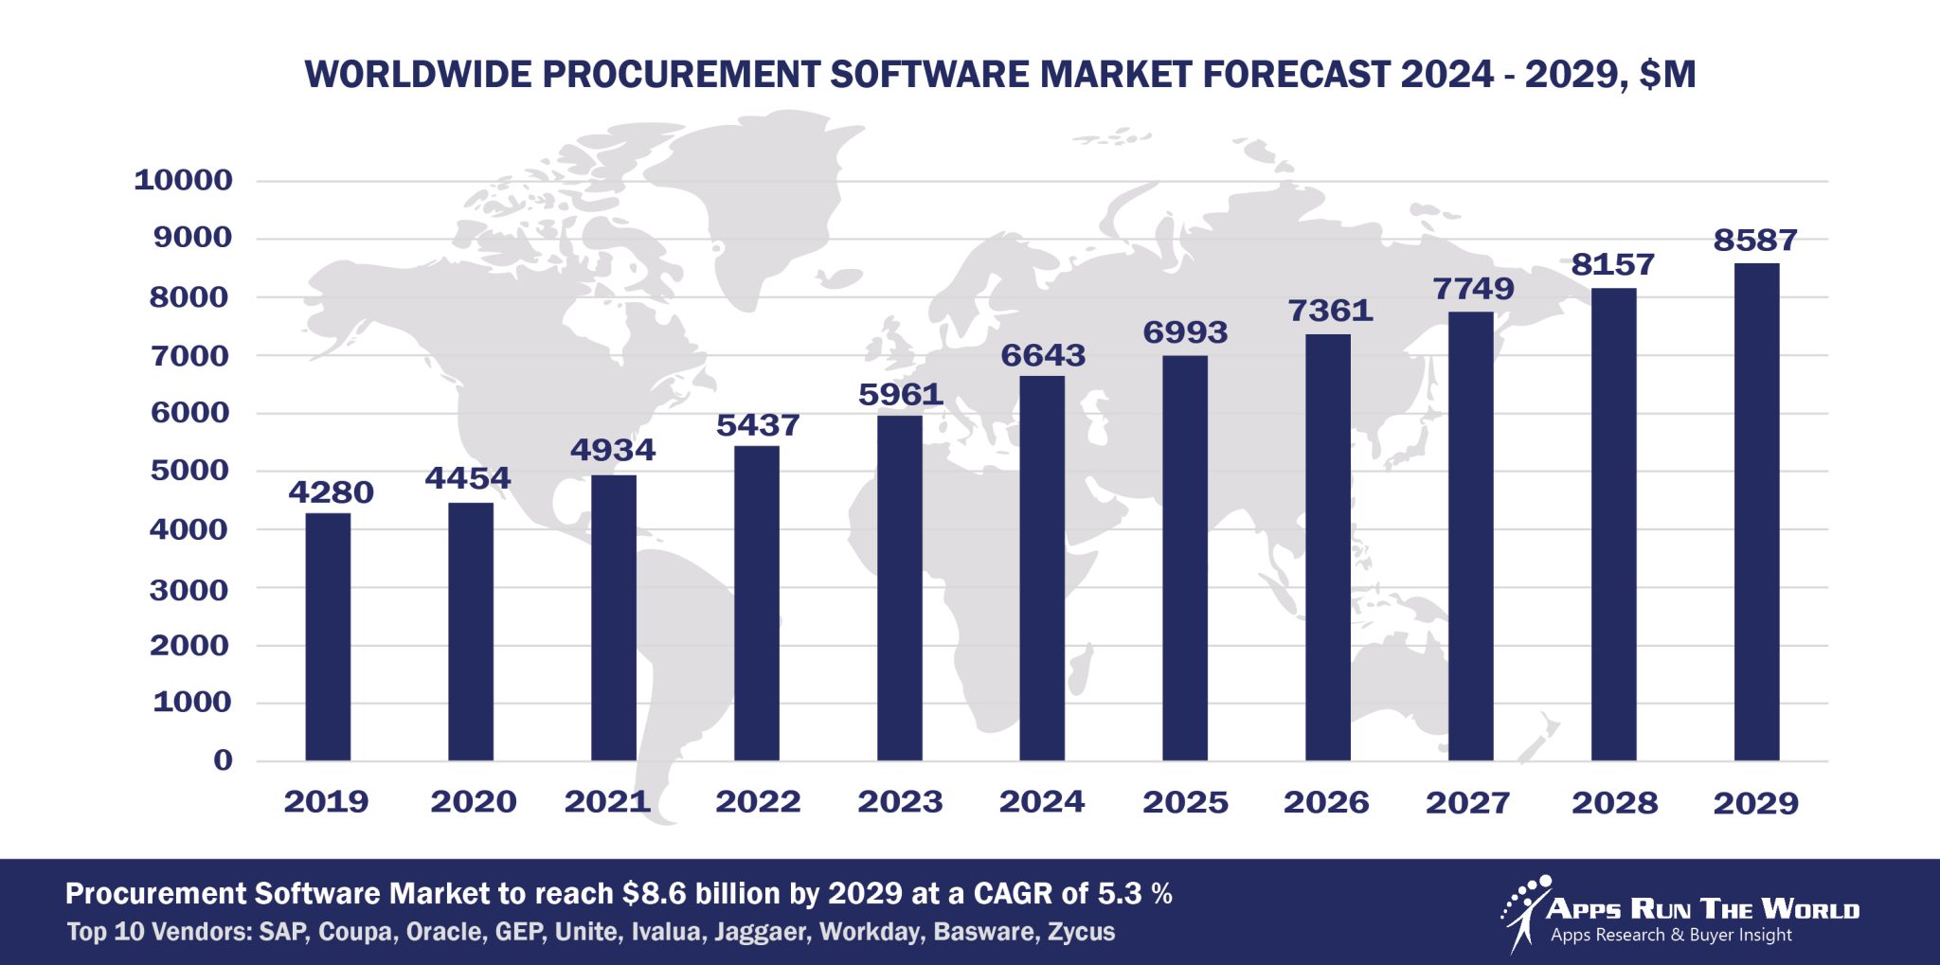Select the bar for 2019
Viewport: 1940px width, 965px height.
pos(328,636)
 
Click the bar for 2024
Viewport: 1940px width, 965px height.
pos(1042,568)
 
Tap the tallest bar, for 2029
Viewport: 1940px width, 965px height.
pos(1756,511)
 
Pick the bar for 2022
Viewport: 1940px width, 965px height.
pos(757,603)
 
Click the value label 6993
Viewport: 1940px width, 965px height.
pos(1185,332)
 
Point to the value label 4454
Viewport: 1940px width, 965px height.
pos(468,478)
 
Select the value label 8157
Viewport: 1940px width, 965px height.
pos(1612,264)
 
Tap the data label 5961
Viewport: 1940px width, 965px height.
pos(900,394)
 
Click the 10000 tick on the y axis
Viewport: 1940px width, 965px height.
pos(183,180)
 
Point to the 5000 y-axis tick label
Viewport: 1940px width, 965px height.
pos(189,471)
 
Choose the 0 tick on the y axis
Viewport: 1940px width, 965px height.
pos(223,759)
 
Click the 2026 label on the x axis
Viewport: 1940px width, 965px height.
pos(1326,802)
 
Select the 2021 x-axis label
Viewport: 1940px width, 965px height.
pos(607,802)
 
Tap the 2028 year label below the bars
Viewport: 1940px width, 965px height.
pos(1614,803)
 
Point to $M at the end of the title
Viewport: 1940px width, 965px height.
pos(1667,75)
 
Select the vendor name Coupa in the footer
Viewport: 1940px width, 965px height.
pos(354,932)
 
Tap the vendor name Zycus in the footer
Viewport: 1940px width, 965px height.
pos(1081,932)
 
